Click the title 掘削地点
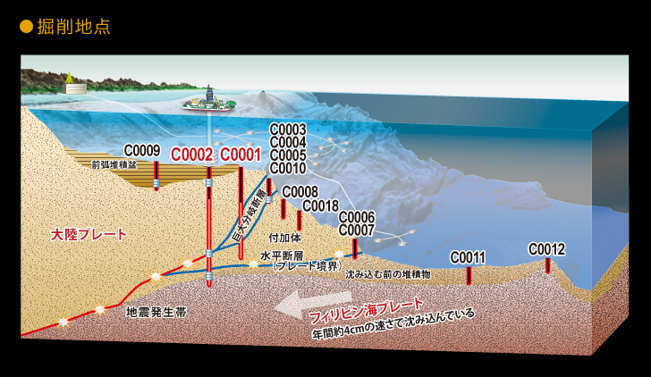(x=73, y=27)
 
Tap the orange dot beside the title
(x=26, y=27)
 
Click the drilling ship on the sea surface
(x=209, y=103)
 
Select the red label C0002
(x=191, y=155)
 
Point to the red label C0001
(x=241, y=155)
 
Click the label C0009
(x=142, y=151)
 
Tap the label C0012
(x=546, y=249)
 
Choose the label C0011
(x=468, y=257)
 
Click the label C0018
(x=320, y=205)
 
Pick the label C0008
(x=300, y=191)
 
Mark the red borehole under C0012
(x=547, y=265)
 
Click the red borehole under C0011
(x=469, y=275)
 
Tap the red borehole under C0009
(x=156, y=176)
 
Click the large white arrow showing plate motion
(x=314, y=305)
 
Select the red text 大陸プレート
(x=89, y=235)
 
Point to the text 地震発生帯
(x=156, y=312)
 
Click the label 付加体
(x=284, y=238)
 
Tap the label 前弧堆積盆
(x=114, y=164)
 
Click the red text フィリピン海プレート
(x=367, y=310)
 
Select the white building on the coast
(x=75, y=88)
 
